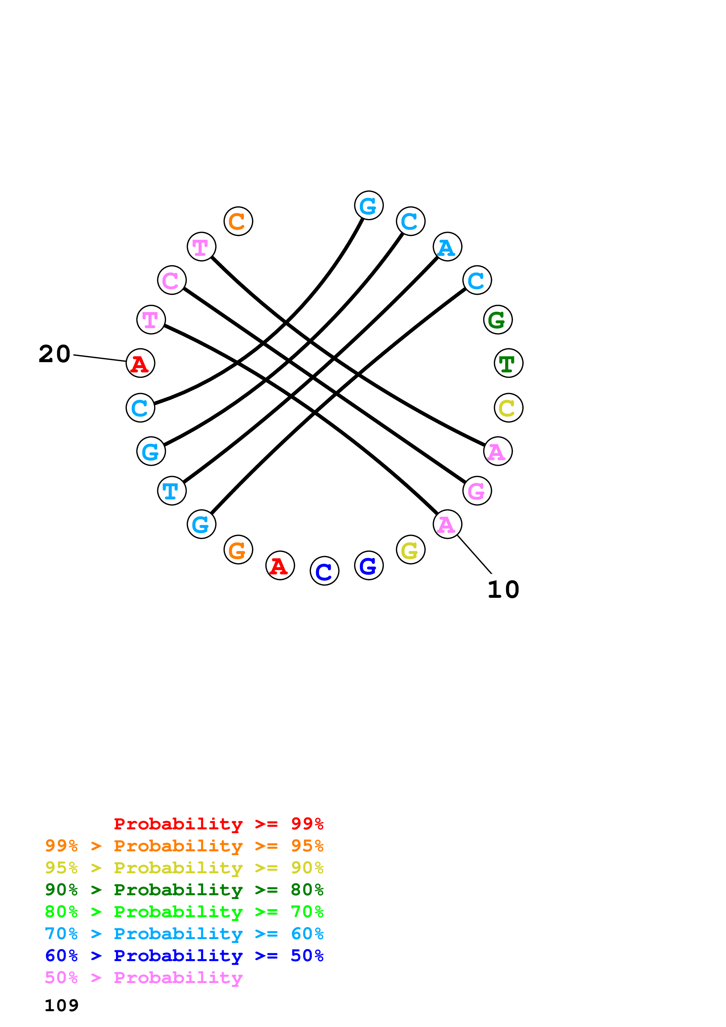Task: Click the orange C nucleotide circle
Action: (x=238, y=221)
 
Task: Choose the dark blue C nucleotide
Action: (x=324, y=571)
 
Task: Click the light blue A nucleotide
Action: (x=447, y=247)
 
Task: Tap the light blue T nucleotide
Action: (x=172, y=490)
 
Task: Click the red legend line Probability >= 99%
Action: (x=218, y=824)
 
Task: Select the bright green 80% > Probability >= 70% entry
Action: (x=184, y=912)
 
